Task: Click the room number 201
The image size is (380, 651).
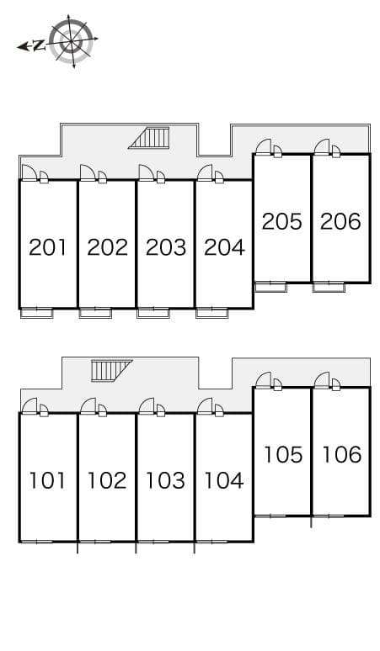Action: [x=47, y=247]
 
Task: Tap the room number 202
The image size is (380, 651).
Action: [x=107, y=247]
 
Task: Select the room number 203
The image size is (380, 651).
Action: [x=165, y=247]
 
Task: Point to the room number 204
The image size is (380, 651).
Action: [x=224, y=247]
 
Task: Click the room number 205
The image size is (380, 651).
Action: [x=281, y=221]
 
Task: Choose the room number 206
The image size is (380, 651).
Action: [x=340, y=221]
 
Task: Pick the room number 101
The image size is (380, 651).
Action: [x=47, y=480]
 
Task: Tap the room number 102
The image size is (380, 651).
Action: [x=107, y=480]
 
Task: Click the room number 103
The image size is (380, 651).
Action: [x=165, y=480]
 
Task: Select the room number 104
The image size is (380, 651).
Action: [x=224, y=480]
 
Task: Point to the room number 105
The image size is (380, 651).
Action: [x=282, y=454]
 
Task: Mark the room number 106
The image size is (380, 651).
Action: [x=341, y=454]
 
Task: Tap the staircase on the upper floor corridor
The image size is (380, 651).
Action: [x=152, y=137]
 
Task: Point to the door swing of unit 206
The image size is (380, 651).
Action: [x=322, y=147]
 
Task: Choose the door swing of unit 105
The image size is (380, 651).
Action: [x=263, y=380]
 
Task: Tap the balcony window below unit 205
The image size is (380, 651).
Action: [x=270, y=287]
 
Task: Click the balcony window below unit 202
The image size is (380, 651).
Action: [x=95, y=313]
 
